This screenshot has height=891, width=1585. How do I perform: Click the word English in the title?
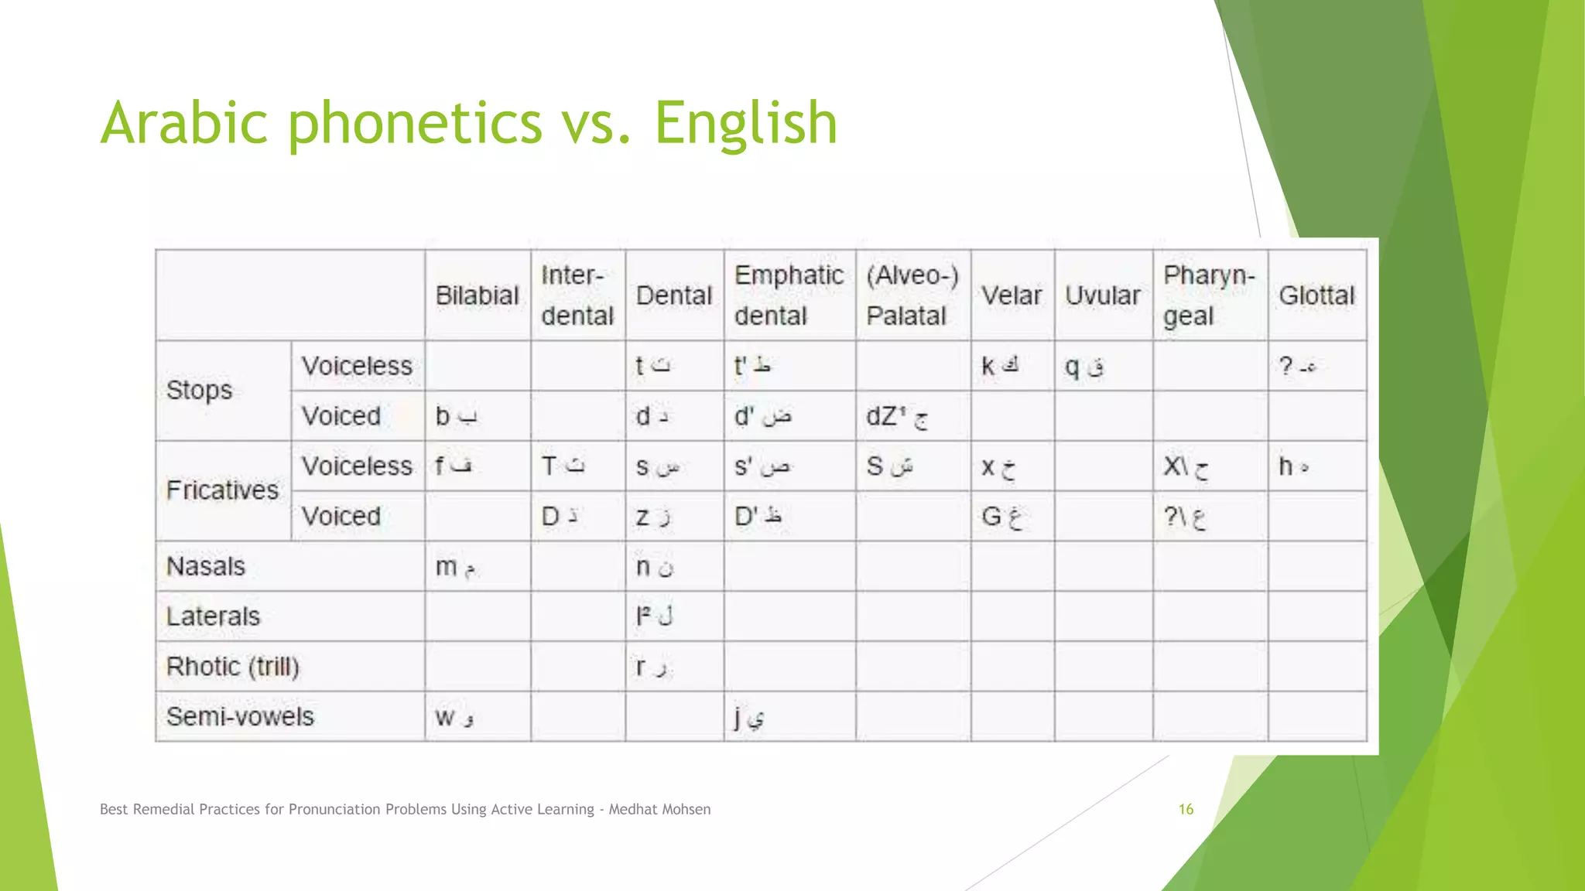click(x=745, y=124)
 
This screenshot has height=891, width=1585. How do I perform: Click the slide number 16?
click(x=1186, y=809)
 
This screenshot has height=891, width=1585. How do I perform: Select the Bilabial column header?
click(x=477, y=295)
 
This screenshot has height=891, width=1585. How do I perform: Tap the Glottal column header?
click(x=1316, y=295)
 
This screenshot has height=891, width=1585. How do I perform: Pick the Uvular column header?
click(x=1102, y=295)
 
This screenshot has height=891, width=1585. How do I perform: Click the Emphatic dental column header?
click(x=789, y=295)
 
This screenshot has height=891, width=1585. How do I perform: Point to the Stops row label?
click(x=199, y=391)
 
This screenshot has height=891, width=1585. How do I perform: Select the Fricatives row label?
click(x=222, y=490)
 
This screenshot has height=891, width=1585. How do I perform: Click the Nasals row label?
click(x=206, y=566)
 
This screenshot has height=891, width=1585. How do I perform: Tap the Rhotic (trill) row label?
click(x=232, y=666)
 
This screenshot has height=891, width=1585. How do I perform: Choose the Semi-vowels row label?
click(x=240, y=716)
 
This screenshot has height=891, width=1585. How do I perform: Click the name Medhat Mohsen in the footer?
click(x=659, y=809)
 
